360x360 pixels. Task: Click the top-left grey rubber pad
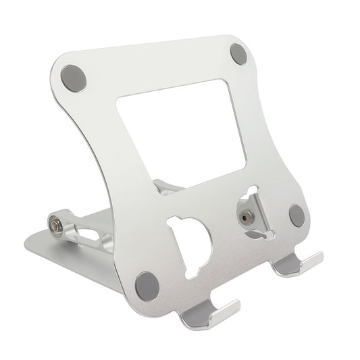point(74,78)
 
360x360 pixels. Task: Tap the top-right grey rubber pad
point(238,53)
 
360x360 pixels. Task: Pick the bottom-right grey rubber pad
point(297,215)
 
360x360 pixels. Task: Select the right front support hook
point(298,264)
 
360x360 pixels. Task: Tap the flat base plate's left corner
point(27,240)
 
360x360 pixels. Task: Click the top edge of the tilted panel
point(155,43)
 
